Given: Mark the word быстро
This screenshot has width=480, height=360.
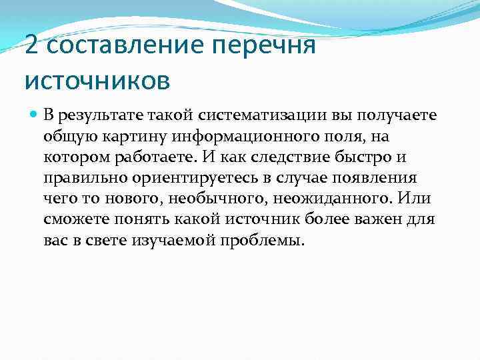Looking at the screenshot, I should pos(359,158).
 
